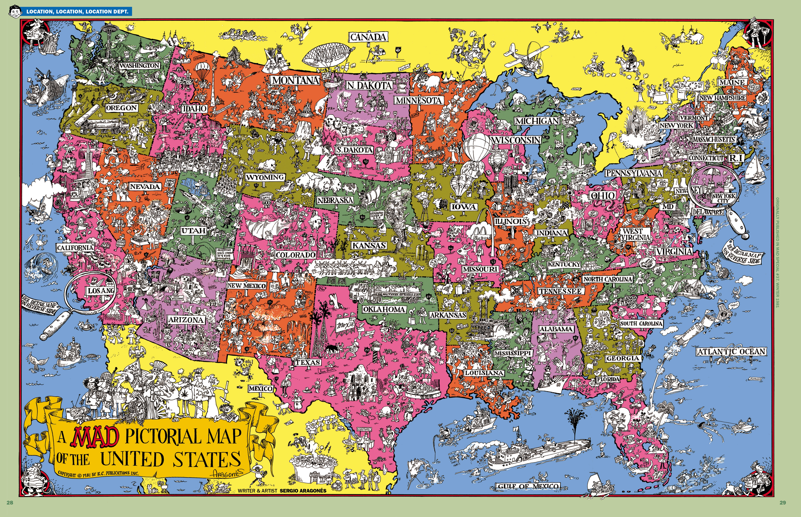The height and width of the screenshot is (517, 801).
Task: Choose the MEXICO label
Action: [261, 388]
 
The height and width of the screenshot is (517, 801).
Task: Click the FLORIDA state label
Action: [608, 379]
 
